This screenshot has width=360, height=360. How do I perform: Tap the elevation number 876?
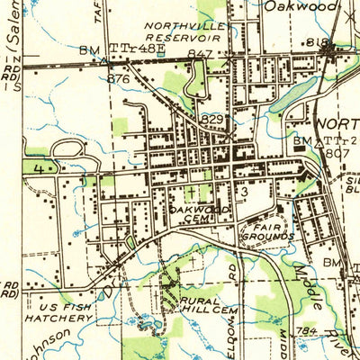coord(118,78)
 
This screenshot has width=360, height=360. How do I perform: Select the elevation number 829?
coord(212,119)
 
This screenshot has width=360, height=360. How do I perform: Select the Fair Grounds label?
coord(271,231)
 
